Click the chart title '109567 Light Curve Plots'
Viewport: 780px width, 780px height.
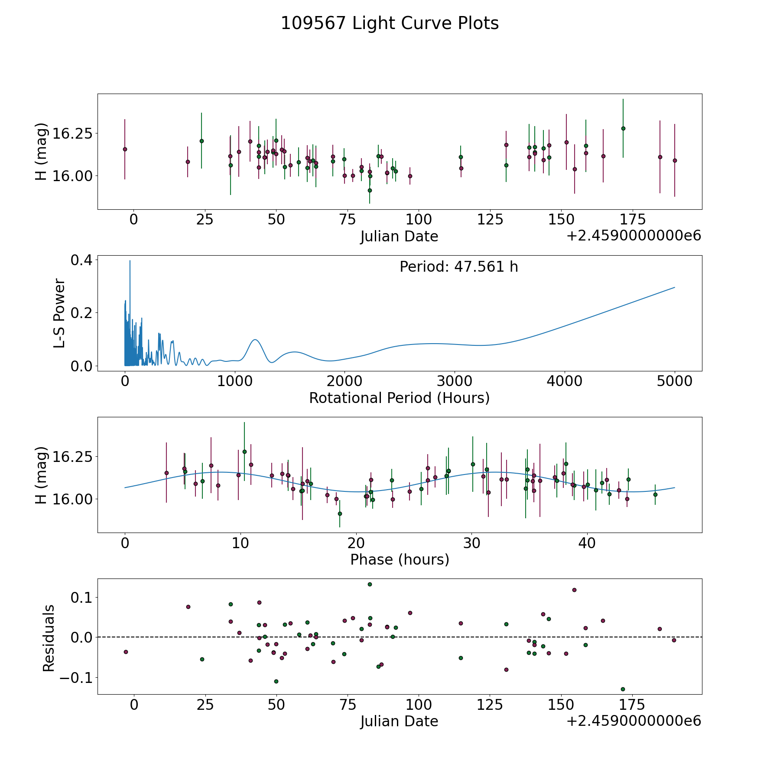point(390,23)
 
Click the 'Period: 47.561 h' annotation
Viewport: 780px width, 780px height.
point(458,267)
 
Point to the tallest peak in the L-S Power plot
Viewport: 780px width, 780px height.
point(130,261)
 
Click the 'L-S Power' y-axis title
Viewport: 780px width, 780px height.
point(59,313)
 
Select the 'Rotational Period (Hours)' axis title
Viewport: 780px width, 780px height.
point(399,398)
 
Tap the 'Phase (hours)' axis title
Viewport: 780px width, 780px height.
point(399,559)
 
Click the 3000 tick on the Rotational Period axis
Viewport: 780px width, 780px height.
point(455,381)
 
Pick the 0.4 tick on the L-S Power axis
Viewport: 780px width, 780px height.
point(82,260)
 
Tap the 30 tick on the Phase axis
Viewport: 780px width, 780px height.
point(471,543)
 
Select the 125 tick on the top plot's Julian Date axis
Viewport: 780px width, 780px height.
point(490,219)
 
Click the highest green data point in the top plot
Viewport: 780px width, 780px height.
point(623,128)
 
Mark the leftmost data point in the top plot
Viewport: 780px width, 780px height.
point(125,149)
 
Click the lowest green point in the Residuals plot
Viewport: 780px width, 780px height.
point(623,689)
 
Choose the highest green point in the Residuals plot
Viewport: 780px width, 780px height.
point(370,584)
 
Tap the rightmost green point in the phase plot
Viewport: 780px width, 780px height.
point(655,494)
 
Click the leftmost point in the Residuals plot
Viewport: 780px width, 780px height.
point(126,652)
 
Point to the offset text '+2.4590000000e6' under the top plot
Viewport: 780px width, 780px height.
point(634,236)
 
